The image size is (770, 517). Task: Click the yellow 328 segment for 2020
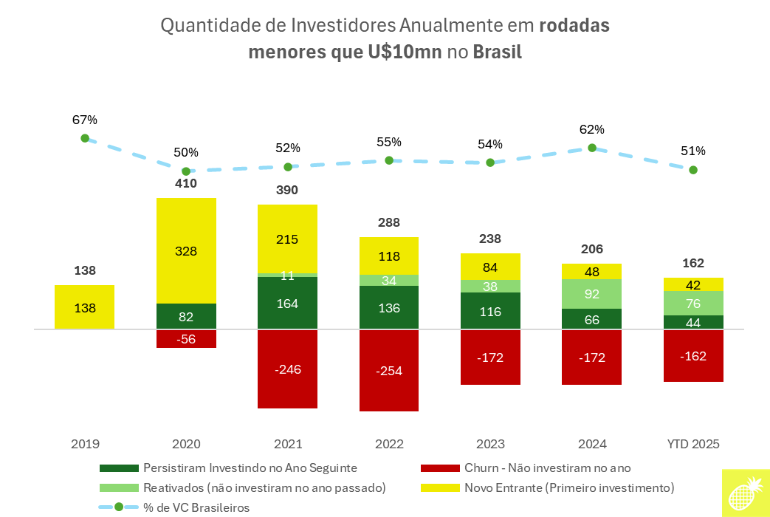click(186, 250)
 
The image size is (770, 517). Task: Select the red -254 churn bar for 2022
click(389, 370)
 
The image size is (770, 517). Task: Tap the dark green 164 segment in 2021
click(287, 302)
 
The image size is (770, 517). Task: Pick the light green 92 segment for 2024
click(592, 293)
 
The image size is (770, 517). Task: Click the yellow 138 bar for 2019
click(85, 307)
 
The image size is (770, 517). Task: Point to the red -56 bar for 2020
click(186, 338)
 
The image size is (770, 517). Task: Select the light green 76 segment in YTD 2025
click(693, 303)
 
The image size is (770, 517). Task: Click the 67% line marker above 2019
click(85, 138)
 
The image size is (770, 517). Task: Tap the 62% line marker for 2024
click(592, 148)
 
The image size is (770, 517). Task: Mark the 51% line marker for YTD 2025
click(693, 170)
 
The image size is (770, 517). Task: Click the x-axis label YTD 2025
click(693, 445)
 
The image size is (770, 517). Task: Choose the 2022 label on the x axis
click(389, 445)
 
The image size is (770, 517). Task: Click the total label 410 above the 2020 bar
click(186, 183)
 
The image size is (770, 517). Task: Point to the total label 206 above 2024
click(592, 249)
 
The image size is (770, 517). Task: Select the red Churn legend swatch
click(439, 468)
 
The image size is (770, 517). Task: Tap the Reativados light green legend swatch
click(118, 487)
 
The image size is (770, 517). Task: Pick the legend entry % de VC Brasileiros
click(196, 507)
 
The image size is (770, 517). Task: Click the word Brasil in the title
click(497, 52)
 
